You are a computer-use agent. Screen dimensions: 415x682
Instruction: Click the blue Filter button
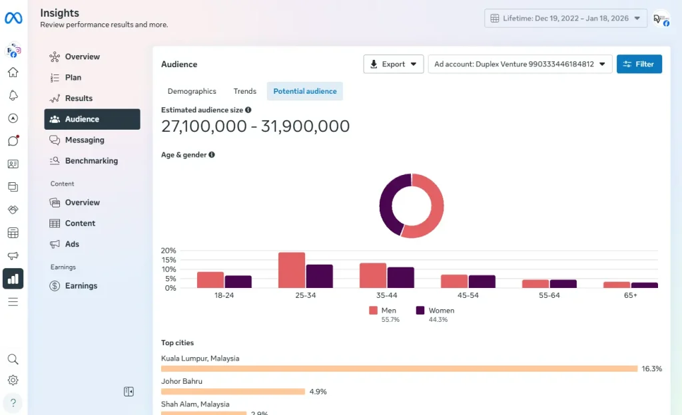pos(639,64)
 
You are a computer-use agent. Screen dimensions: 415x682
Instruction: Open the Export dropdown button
pos(394,64)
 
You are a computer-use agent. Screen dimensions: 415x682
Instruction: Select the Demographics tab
pos(192,91)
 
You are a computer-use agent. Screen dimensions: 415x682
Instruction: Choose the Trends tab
pos(244,91)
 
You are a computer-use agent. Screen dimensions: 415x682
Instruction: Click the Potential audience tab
pos(304,91)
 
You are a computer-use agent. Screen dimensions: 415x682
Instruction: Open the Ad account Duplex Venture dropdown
pos(519,64)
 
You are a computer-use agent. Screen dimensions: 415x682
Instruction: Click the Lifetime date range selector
pos(565,18)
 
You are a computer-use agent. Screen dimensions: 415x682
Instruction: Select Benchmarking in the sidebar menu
pos(91,161)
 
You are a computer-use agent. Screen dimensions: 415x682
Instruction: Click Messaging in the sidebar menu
pos(85,140)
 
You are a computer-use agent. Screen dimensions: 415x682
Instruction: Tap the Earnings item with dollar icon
pos(81,286)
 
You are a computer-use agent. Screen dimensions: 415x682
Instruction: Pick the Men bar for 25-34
pos(292,271)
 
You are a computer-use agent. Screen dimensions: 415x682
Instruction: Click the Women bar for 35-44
pos(401,278)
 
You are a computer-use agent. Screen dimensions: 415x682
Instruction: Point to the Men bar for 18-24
pos(210,280)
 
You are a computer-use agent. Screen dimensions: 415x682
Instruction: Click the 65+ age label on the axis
pos(630,295)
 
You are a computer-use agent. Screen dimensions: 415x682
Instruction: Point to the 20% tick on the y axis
pos(169,251)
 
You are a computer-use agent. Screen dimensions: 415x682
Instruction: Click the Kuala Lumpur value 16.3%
pos(651,368)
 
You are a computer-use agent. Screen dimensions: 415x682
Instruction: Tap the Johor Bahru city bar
pos(233,392)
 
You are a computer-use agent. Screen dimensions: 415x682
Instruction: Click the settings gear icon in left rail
pos(13,380)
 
